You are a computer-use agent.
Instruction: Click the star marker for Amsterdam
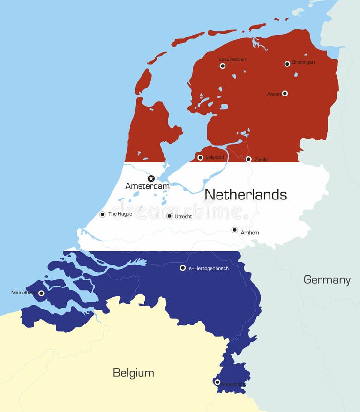(151, 178)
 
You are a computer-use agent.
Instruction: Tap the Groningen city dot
(287, 64)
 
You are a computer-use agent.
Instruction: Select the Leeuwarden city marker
(223, 66)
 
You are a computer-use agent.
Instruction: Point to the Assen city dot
(285, 93)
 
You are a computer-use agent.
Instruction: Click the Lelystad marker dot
(200, 157)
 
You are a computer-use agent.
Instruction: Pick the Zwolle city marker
(248, 159)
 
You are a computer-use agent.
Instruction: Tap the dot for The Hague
(102, 214)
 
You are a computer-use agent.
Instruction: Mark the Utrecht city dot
(169, 216)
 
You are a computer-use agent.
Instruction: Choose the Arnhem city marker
(234, 230)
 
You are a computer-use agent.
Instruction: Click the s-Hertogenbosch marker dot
(183, 268)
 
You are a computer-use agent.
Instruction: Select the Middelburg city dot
(41, 294)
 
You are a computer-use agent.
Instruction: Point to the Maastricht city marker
(217, 382)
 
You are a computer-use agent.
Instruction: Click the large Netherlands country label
(246, 194)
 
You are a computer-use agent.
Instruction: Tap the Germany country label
(327, 280)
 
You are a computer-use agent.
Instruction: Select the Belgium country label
(133, 373)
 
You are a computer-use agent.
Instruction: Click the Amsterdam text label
(147, 186)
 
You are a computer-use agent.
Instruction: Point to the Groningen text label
(303, 62)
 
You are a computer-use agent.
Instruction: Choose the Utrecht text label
(183, 216)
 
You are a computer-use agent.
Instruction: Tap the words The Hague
(120, 214)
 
